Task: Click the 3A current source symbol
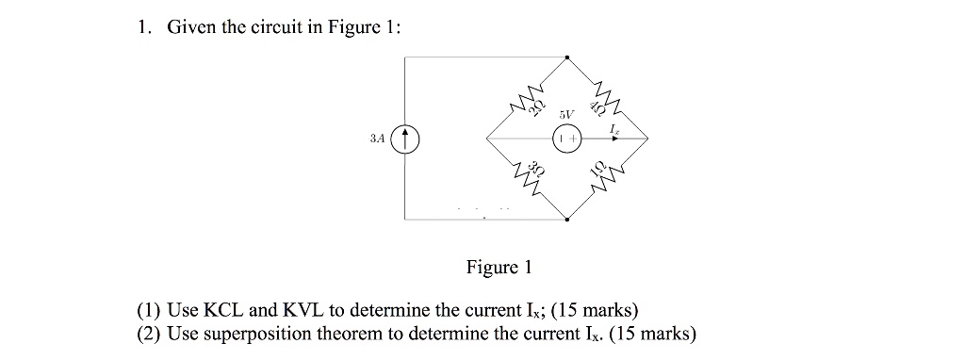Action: tap(405, 139)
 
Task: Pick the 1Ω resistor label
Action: tap(597, 170)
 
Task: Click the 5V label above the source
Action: tap(565, 113)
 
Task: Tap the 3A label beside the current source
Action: tap(377, 139)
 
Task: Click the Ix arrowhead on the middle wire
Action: tap(615, 139)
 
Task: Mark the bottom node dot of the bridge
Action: tap(567, 220)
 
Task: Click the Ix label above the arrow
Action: tap(614, 126)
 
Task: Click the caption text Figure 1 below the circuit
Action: tap(499, 268)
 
